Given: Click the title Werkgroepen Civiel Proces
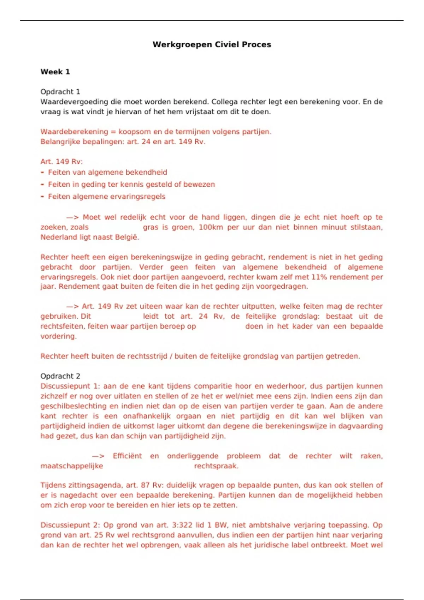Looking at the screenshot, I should tap(212, 44).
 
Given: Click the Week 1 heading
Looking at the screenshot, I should tap(55, 72).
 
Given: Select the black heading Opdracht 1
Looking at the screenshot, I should tap(60, 92).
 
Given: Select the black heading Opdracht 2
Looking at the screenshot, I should tap(60, 376).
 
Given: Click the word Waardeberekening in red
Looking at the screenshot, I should tap(74, 132).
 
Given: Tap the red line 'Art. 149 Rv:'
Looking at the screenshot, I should tap(61, 162).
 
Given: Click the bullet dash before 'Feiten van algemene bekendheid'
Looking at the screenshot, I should tap(42, 173).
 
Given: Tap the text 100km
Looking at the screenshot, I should tap(211, 227).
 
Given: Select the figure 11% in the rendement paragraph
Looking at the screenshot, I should tap(319, 277).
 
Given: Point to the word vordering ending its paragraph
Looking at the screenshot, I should tap(58, 336).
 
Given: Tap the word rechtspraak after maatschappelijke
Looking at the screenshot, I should tap(216, 466).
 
